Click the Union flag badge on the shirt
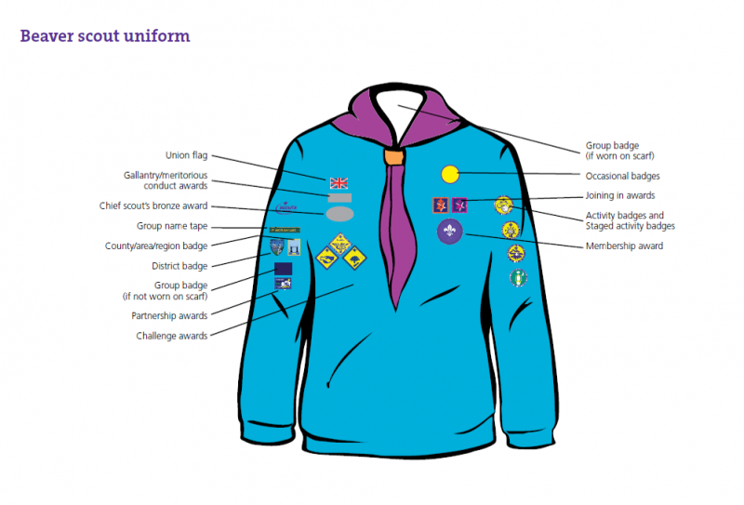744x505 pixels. pos(339,182)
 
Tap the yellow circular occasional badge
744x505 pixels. pos(450,174)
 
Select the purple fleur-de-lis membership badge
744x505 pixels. pos(450,232)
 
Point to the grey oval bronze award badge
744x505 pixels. pos(339,214)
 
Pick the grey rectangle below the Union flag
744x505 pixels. pos(339,197)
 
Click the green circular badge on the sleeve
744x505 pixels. pos(517,277)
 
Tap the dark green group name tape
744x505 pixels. pos(285,230)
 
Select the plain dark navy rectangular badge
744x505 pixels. pos(284,268)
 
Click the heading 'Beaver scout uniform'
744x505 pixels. pos(105,37)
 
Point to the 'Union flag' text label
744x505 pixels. pos(186,155)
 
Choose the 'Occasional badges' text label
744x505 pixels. pos(622,176)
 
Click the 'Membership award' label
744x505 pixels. pos(624,246)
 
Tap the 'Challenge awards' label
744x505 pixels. pos(172,336)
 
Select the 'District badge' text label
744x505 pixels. pos(179,266)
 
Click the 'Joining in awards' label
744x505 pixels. pos(620,196)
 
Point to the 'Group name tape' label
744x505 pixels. pos(172,226)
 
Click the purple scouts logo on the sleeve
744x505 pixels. pos(285,206)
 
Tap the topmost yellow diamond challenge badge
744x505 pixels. pos(339,242)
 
